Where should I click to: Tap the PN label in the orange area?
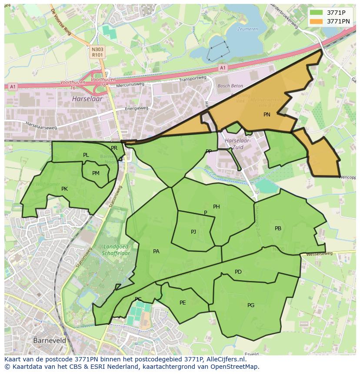(x=267, y=115)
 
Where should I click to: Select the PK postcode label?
(x=64, y=189)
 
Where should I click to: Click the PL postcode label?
(x=86, y=155)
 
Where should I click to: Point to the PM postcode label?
(x=96, y=173)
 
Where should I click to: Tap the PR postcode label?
(x=114, y=148)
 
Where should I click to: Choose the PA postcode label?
(x=156, y=251)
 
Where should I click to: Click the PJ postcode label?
(x=193, y=232)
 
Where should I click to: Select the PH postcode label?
(x=216, y=207)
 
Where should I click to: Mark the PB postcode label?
(x=278, y=228)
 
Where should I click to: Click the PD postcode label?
(x=238, y=272)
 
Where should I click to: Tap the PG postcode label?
(x=251, y=305)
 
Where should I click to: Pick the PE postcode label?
(x=183, y=303)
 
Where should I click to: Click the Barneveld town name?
(x=50, y=341)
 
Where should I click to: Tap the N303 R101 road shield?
(x=97, y=53)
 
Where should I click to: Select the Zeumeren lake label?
(x=247, y=29)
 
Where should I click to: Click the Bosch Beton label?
(x=229, y=86)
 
